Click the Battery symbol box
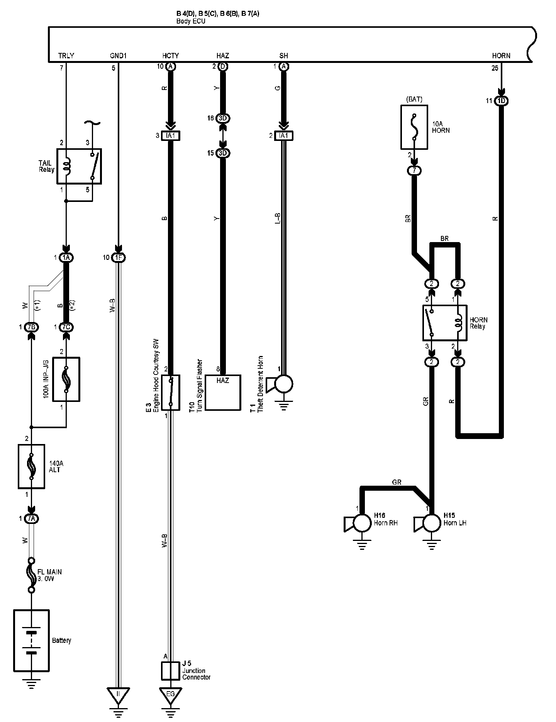pyautogui.click(x=31, y=640)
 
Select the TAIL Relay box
pyautogui.click(x=79, y=166)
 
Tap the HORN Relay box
pyautogui.click(x=445, y=323)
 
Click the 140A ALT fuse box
pyautogui.click(x=32, y=466)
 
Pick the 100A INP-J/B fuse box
pyautogui.click(x=66, y=380)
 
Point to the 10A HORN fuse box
pyautogui.click(x=414, y=127)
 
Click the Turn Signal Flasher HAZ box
pyautogui.click(x=223, y=392)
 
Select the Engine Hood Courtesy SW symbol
pyautogui.click(x=171, y=392)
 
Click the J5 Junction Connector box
pyautogui.click(x=171, y=671)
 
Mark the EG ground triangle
pyautogui.click(x=171, y=694)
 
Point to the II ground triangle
pyautogui.click(x=119, y=694)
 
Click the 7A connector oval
pyautogui.click(x=32, y=519)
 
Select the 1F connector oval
pyautogui.click(x=118, y=258)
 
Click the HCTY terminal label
pyautogui.click(x=171, y=56)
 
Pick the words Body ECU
pyautogui.click(x=191, y=21)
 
